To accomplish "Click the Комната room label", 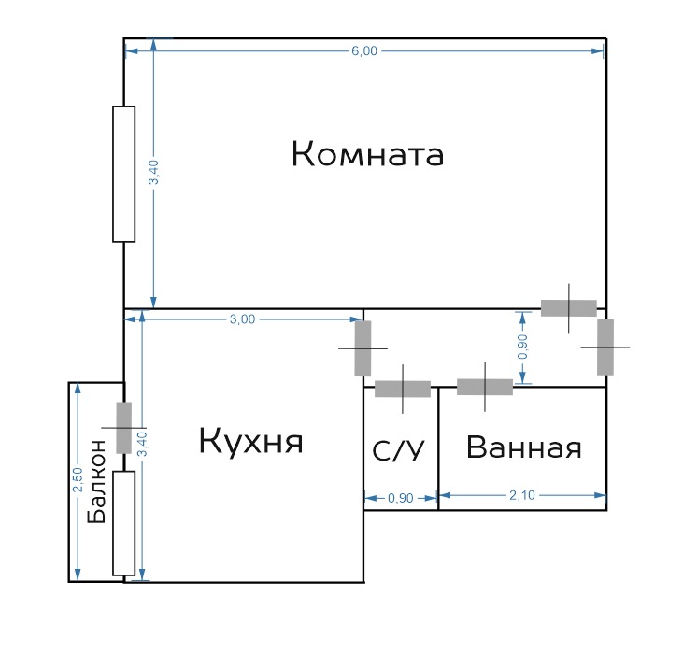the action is point(367,154).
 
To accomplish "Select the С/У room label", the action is point(398,450).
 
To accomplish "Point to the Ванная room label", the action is point(523,447).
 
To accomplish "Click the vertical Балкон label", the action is point(96,481).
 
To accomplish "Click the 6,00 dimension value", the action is point(364,51).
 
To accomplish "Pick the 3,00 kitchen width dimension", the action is point(242,319).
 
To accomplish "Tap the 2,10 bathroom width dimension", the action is point(522,495).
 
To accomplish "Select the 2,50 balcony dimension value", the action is point(78,479).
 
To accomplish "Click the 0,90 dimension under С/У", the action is point(400,498).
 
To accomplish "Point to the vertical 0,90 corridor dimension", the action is point(522,347).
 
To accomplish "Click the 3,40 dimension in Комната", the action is point(154,172).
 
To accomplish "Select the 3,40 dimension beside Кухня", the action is point(142,444).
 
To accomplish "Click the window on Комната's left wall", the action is point(123,174).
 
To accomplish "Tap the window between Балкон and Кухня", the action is point(123,523).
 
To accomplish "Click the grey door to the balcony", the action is point(123,428).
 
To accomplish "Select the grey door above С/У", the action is point(403,389).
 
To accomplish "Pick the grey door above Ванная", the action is point(485,387).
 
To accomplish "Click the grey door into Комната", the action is point(569,308).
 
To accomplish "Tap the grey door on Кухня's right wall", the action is point(363,348).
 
